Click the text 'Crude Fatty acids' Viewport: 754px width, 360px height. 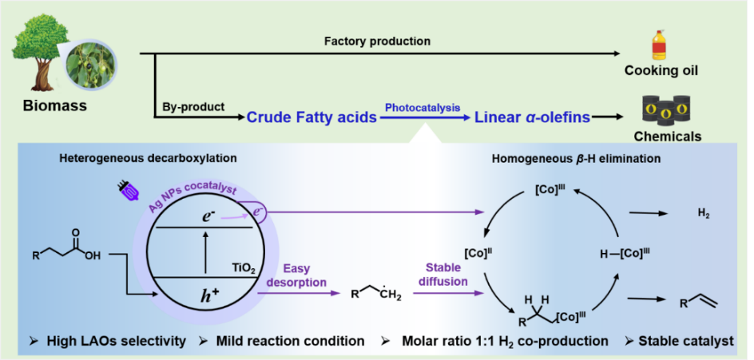pos(312,117)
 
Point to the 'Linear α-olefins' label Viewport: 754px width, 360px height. pos(533,117)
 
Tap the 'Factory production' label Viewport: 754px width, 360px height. pos(377,41)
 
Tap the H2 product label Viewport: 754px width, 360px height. pos(703,213)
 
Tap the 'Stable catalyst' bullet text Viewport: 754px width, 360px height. pos(685,341)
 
